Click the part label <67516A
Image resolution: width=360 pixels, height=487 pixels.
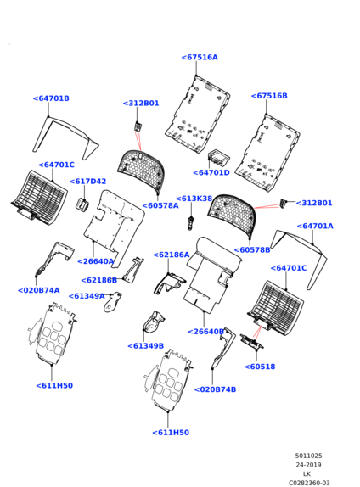(x=200, y=58)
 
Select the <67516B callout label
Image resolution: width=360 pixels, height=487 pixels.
(x=269, y=96)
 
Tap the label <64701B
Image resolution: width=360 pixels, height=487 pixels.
(x=51, y=98)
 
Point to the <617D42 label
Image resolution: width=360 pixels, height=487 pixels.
(x=87, y=182)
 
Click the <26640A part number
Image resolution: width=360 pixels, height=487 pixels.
(x=96, y=261)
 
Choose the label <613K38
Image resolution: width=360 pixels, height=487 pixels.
(x=194, y=199)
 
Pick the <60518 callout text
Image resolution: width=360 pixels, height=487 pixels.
(x=260, y=367)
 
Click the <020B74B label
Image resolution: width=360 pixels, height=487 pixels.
(x=215, y=389)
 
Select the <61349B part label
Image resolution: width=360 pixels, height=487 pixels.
(x=146, y=346)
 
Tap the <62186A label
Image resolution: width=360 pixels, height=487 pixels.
(x=172, y=255)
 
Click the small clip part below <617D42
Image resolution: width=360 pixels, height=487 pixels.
(x=82, y=204)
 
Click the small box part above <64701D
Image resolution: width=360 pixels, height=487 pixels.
(x=219, y=157)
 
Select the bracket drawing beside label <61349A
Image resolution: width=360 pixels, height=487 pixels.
(x=113, y=302)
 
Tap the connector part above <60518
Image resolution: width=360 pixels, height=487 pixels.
(x=252, y=342)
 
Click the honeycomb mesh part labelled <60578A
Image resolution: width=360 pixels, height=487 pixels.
(x=141, y=170)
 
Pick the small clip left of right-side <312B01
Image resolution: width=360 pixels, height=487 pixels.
(x=284, y=204)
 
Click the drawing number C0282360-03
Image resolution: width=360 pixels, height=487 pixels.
(x=309, y=483)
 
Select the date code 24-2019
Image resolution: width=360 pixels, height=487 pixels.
(x=308, y=465)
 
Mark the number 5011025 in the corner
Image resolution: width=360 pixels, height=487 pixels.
(x=308, y=456)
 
